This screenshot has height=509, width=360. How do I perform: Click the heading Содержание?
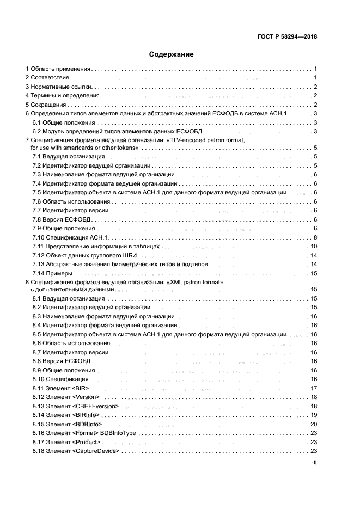pos(172,54)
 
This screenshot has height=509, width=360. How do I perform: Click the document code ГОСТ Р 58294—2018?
pos(287,37)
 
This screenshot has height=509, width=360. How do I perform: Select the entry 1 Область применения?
pos(58,69)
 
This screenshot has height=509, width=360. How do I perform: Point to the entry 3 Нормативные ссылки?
pos(59,87)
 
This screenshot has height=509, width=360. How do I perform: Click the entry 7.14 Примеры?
pos(52,273)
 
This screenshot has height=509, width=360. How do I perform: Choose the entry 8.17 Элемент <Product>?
pos(66,441)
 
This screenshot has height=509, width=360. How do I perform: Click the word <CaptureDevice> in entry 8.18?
pos(96,451)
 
